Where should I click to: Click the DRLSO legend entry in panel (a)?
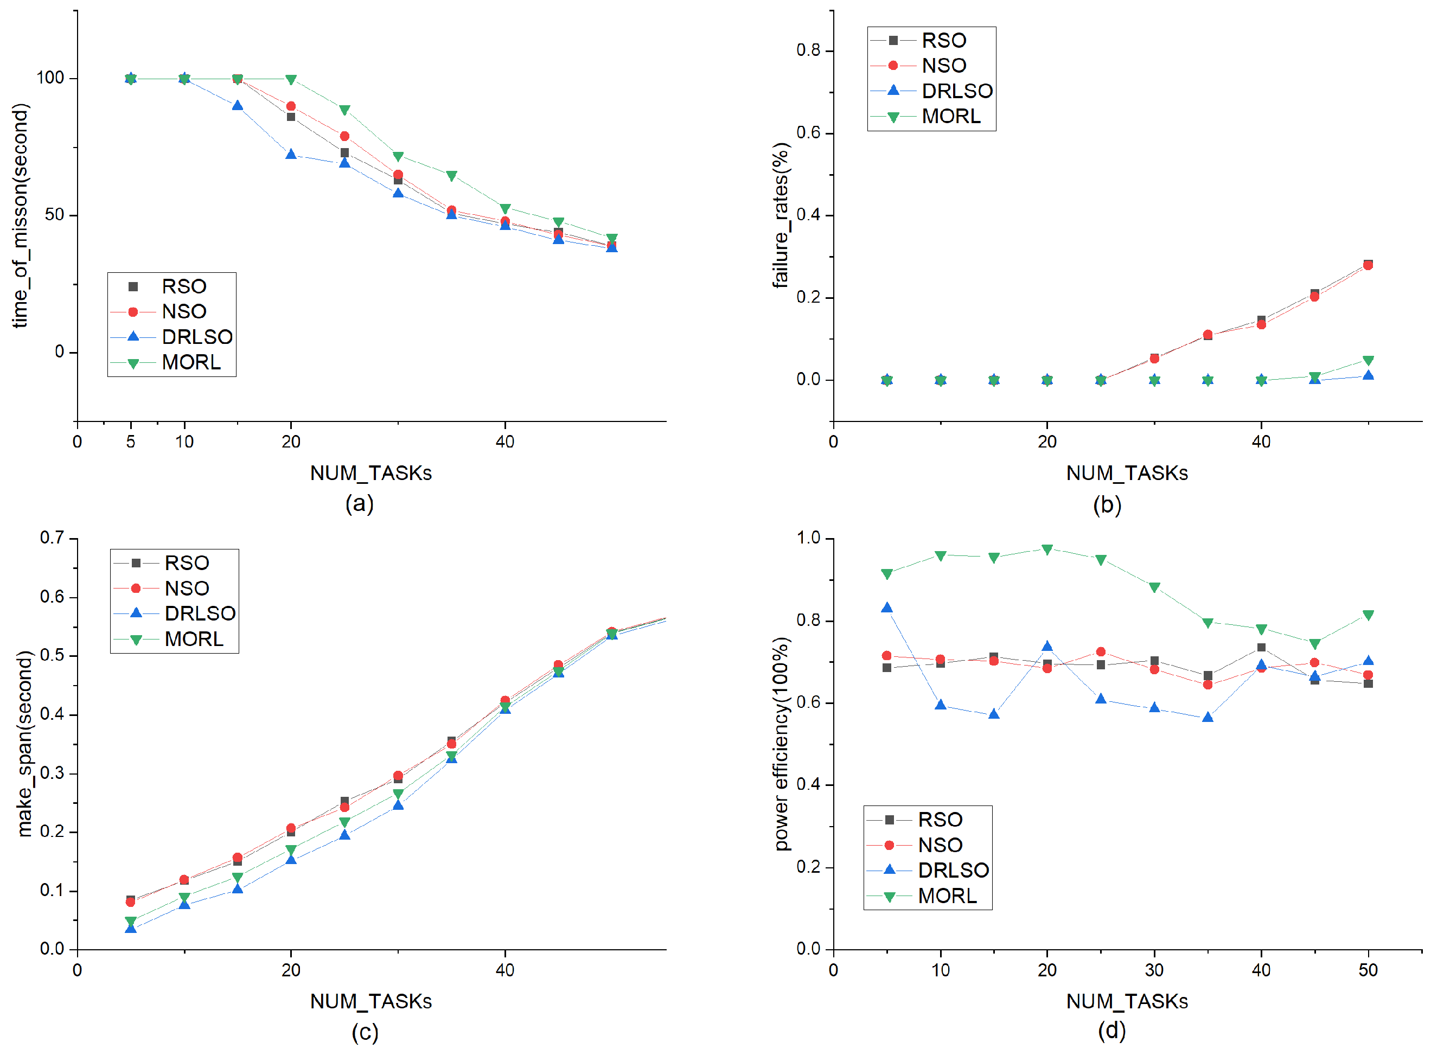(171, 336)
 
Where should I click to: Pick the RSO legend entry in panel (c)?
(162, 562)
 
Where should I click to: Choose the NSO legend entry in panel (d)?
(915, 845)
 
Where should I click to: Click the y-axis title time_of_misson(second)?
(21, 216)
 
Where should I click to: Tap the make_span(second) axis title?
(24, 743)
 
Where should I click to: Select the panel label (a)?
(360, 503)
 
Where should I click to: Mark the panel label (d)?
(1111, 1030)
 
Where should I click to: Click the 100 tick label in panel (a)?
(50, 78)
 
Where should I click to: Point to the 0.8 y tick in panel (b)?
(808, 50)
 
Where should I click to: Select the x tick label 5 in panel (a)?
(131, 442)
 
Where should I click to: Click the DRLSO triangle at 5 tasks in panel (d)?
(886, 608)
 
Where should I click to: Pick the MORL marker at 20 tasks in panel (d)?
(1047, 549)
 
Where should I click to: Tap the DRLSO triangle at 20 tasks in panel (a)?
(291, 154)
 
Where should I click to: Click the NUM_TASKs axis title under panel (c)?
(371, 1001)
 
